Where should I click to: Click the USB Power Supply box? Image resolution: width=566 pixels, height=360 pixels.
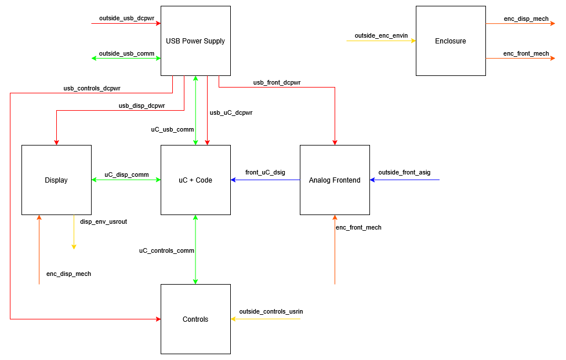195,41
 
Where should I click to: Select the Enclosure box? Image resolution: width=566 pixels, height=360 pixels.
451,41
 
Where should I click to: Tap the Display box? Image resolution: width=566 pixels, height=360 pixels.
56,180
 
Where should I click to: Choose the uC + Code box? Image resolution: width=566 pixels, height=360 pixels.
195,180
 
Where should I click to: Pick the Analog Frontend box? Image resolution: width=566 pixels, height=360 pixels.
335,180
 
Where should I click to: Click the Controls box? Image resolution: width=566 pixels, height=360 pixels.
195,319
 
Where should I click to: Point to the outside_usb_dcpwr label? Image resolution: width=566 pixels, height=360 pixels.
126,19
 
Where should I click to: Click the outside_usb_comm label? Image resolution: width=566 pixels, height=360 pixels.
126,53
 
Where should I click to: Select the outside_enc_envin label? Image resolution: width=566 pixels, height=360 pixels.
381,35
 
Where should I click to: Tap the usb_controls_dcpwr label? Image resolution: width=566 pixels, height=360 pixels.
92,88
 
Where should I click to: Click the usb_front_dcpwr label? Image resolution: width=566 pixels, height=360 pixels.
277,82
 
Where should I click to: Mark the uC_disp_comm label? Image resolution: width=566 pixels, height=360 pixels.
126,174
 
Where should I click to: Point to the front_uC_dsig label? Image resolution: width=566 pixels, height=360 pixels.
265,172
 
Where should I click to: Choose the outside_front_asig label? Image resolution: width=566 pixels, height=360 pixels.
404,172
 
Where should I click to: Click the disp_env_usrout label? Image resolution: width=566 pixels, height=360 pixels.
103,221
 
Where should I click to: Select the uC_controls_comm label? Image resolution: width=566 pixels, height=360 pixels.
166,250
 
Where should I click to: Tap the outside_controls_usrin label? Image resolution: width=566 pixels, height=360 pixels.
271,311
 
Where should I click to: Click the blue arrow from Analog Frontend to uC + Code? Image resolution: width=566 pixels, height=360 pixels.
265,180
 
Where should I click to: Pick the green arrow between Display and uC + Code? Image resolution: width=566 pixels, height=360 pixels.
126,180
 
